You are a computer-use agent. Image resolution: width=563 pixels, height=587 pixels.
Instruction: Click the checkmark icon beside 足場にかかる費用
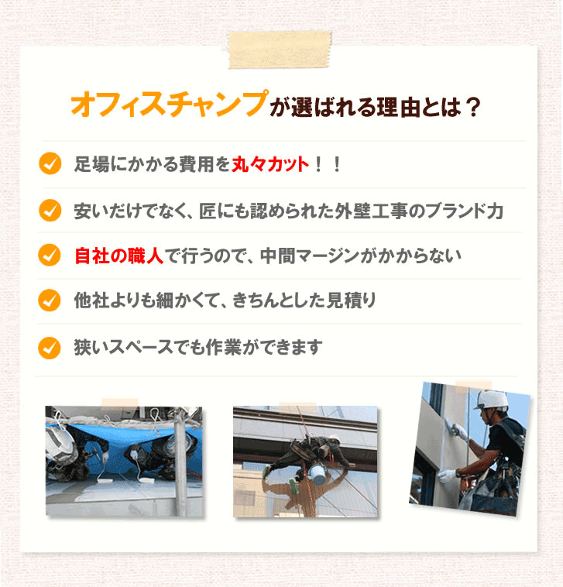pos(50,164)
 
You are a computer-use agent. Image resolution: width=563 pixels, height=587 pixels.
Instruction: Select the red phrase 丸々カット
pos(270,165)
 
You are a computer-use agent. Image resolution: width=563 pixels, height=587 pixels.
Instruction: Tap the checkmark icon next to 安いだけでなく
pos(50,210)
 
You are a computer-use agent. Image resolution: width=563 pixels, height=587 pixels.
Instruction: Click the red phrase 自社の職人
pos(118,255)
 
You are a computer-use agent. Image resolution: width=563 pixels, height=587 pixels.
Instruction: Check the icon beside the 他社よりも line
pos(50,300)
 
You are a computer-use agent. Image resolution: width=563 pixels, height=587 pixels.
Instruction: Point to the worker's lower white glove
pos(448,475)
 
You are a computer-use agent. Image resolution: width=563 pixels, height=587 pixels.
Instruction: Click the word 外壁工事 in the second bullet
pos(369,211)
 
